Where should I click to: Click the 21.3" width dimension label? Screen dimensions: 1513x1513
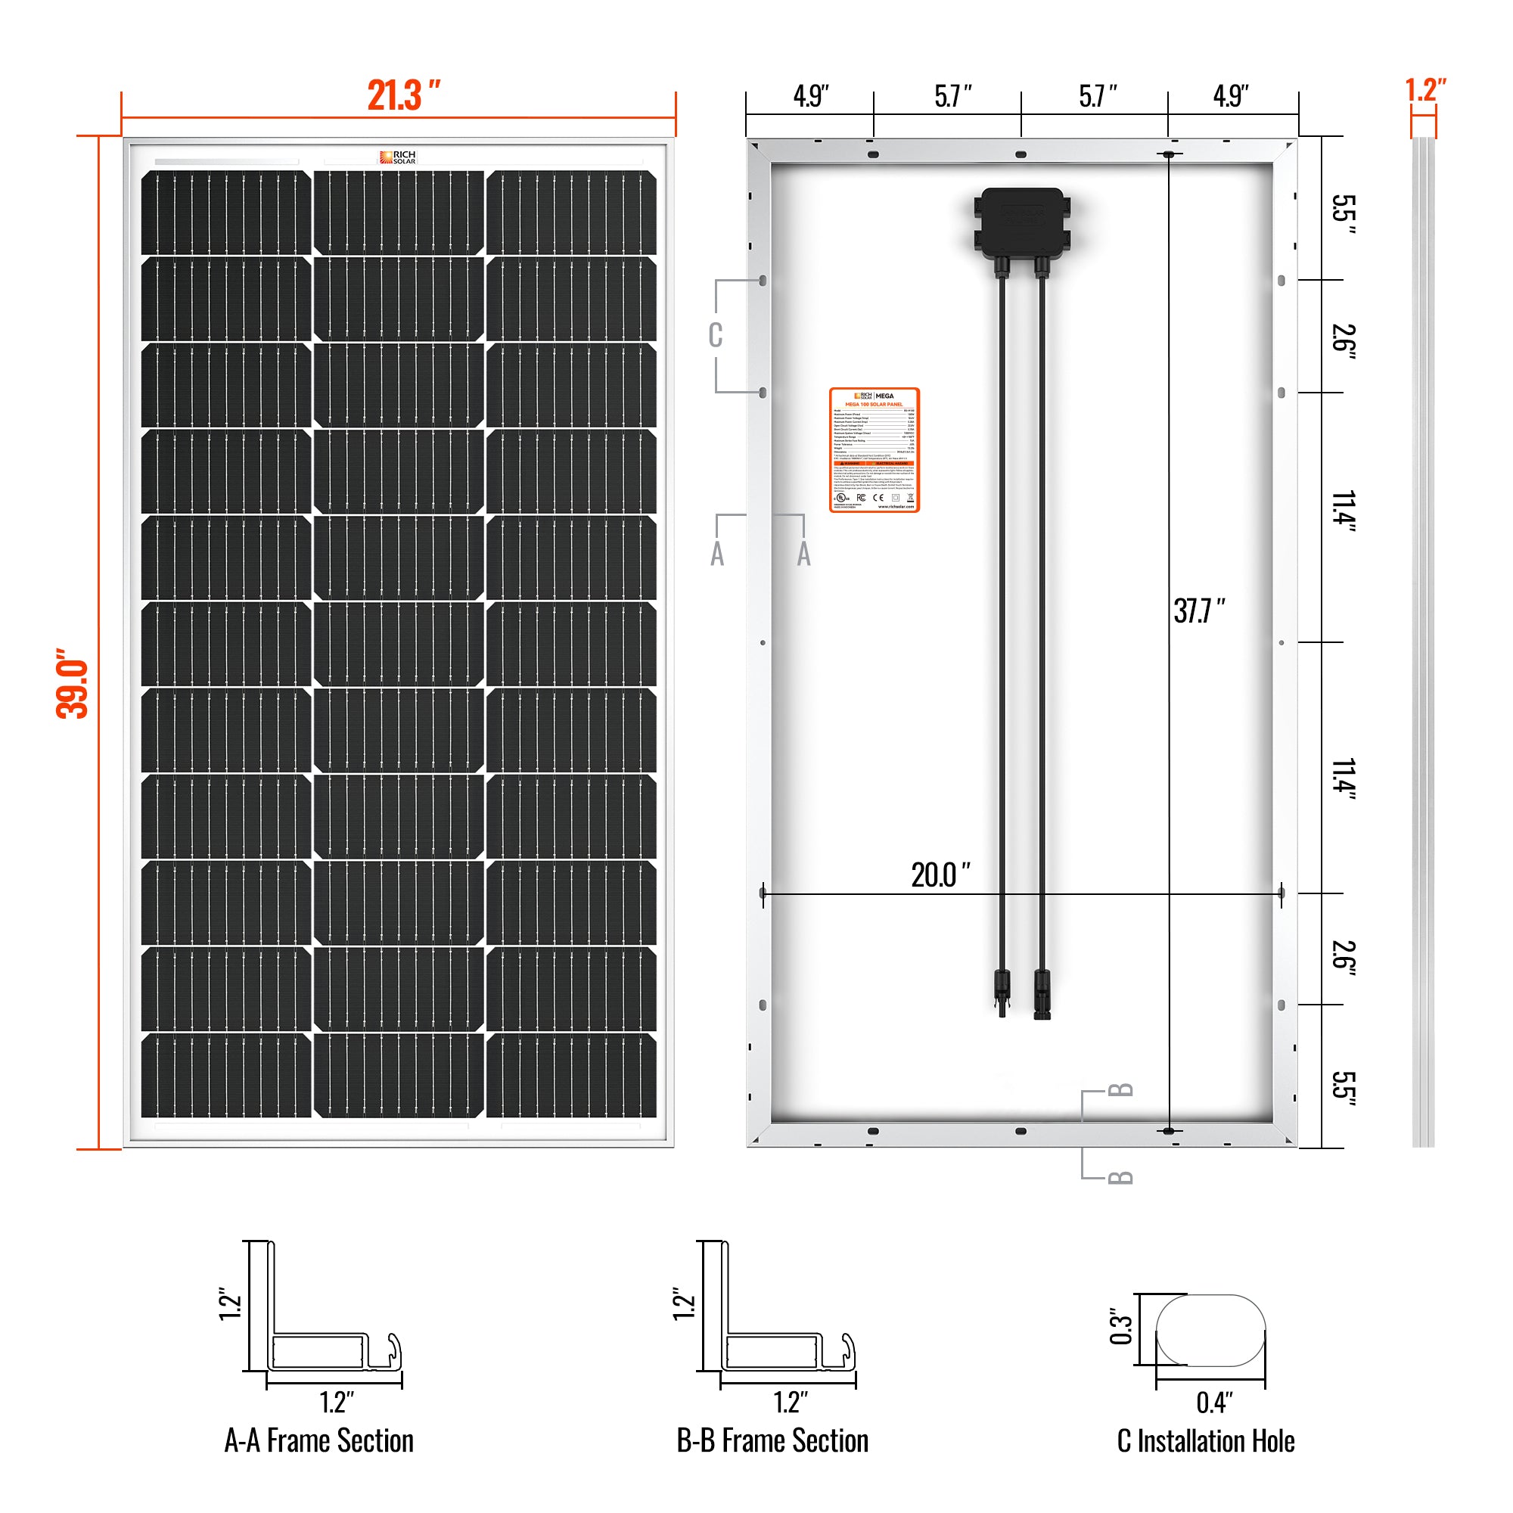403,95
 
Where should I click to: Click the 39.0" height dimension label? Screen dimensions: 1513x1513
72,683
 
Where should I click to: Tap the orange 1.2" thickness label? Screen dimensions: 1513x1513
1424,90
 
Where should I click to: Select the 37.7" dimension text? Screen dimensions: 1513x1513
1198,610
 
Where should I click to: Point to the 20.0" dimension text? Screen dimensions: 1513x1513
940,875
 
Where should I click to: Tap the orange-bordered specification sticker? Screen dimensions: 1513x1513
874,450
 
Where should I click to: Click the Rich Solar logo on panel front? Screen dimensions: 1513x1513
398,157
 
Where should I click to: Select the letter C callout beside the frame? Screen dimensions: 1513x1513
715,335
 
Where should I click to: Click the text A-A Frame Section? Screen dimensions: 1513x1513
318,1441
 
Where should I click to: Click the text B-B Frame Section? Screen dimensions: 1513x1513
772,1441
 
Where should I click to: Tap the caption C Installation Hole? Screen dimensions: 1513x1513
1205,1441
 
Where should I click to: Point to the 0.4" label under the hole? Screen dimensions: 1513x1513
1214,1403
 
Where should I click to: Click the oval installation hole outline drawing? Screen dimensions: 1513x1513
1210,1331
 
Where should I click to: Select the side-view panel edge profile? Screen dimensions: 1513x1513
1423,642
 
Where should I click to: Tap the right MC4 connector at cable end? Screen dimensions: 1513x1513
1042,993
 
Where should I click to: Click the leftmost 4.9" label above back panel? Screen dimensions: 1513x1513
810,96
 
